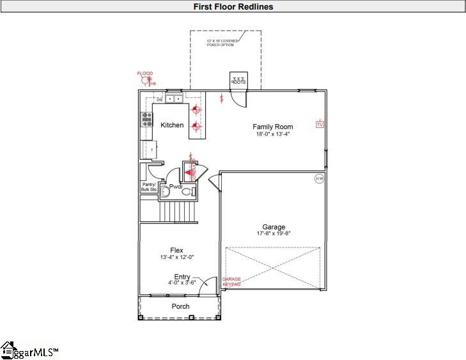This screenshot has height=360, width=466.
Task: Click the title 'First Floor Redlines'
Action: click(233, 6)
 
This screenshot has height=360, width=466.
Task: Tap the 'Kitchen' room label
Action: click(172, 125)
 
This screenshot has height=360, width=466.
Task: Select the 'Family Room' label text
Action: click(272, 127)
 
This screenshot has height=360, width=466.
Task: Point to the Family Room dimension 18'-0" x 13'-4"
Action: click(272, 135)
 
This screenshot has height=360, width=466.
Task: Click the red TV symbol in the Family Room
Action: click(320, 125)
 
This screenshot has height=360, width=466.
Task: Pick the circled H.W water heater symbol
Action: click(319, 179)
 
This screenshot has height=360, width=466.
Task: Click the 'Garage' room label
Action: click(274, 227)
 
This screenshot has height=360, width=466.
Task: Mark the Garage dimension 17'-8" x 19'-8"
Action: click(274, 235)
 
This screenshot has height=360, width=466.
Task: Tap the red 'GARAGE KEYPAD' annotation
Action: click(231, 282)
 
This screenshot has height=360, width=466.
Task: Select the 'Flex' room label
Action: click(176, 250)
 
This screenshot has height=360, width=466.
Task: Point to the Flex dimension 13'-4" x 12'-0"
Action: click(176, 257)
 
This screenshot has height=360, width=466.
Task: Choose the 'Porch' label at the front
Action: click(180, 306)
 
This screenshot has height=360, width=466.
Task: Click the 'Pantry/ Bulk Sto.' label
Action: click(149, 187)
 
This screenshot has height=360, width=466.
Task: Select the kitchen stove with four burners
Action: click(147, 119)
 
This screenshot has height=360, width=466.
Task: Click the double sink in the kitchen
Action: click(173, 99)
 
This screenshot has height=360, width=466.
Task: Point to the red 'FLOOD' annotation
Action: click(145, 74)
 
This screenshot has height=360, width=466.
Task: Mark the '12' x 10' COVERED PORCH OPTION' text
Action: click(222, 43)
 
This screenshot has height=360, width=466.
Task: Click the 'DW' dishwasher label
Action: click(160, 100)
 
